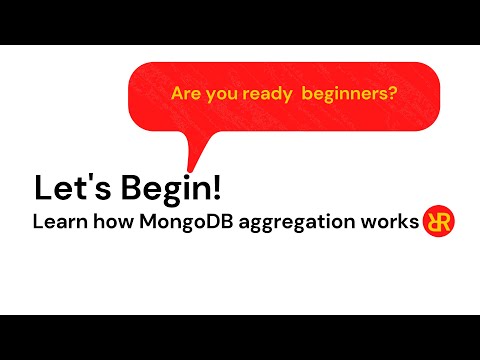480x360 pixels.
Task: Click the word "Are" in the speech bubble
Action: tap(186, 94)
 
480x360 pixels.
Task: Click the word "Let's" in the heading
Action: tap(65, 187)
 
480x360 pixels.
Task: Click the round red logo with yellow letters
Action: tap(439, 221)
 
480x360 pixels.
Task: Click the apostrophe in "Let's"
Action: tap(81, 179)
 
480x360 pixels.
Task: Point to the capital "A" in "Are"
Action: tap(177, 94)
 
